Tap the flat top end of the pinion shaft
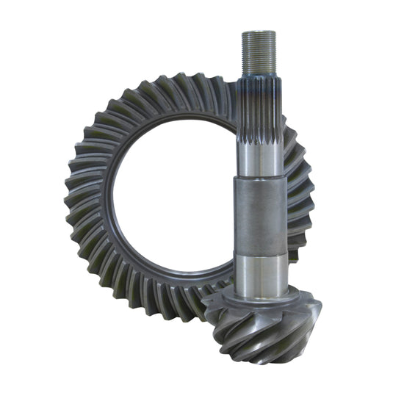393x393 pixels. [x=259, y=32]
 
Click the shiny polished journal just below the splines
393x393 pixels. [x=259, y=158]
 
